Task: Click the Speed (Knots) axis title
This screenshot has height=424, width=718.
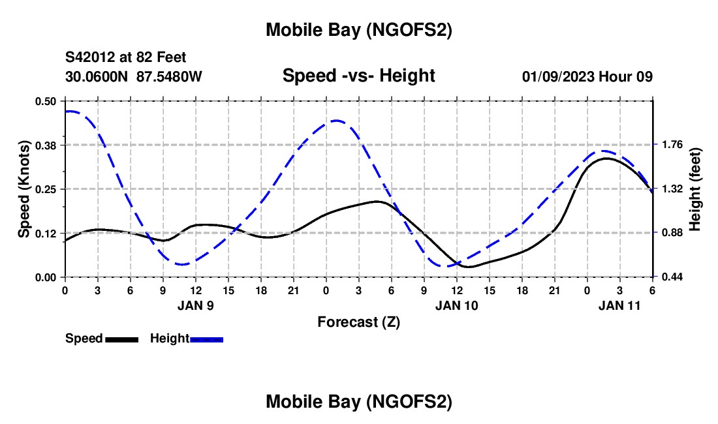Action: pyautogui.click(x=23, y=189)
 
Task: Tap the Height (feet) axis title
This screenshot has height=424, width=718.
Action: pyautogui.click(x=695, y=189)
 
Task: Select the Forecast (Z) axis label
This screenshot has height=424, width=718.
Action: pyautogui.click(x=358, y=322)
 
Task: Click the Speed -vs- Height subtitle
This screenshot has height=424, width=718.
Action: pyautogui.click(x=358, y=76)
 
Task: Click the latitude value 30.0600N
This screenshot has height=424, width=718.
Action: pyautogui.click(x=97, y=76)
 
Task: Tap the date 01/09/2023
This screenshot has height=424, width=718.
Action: pyautogui.click(x=557, y=76)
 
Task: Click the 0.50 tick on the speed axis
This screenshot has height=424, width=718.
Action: pyautogui.click(x=46, y=101)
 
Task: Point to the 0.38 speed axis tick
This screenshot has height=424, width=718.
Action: pyautogui.click(x=46, y=145)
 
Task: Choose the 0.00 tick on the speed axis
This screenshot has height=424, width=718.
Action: pyautogui.click(x=46, y=277)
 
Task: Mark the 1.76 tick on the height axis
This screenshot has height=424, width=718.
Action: pyautogui.click(x=672, y=145)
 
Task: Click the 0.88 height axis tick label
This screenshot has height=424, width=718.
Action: pyautogui.click(x=672, y=233)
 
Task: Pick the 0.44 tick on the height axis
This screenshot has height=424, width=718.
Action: pyautogui.click(x=672, y=277)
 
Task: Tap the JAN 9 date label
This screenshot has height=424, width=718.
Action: pyautogui.click(x=196, y=305)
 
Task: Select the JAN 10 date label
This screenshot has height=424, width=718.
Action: pyautogui.click(x=457, y=305)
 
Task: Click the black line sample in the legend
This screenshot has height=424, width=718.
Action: pyautogui.click(x=121, y=339)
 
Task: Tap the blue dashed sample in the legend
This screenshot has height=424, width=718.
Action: pyautogui.click(x=207, y=339)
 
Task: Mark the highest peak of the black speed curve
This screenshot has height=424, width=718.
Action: pyautogui.click(x=606, y=158)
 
